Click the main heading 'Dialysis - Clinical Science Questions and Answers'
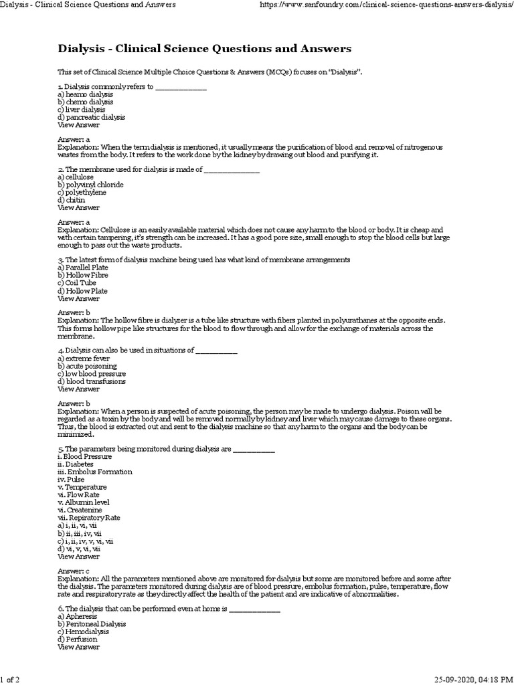point(204,49)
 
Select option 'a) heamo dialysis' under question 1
point(85,94)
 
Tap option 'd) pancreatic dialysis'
point(91,117)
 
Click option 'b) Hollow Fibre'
point(83,275)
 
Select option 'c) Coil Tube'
point(77,283)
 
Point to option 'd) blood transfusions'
point(91,381)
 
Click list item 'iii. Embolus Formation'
point(95,472)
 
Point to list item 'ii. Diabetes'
point(76,464)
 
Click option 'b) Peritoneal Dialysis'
point(92,623)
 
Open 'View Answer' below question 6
point(79,646)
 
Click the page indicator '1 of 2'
point(10,680)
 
